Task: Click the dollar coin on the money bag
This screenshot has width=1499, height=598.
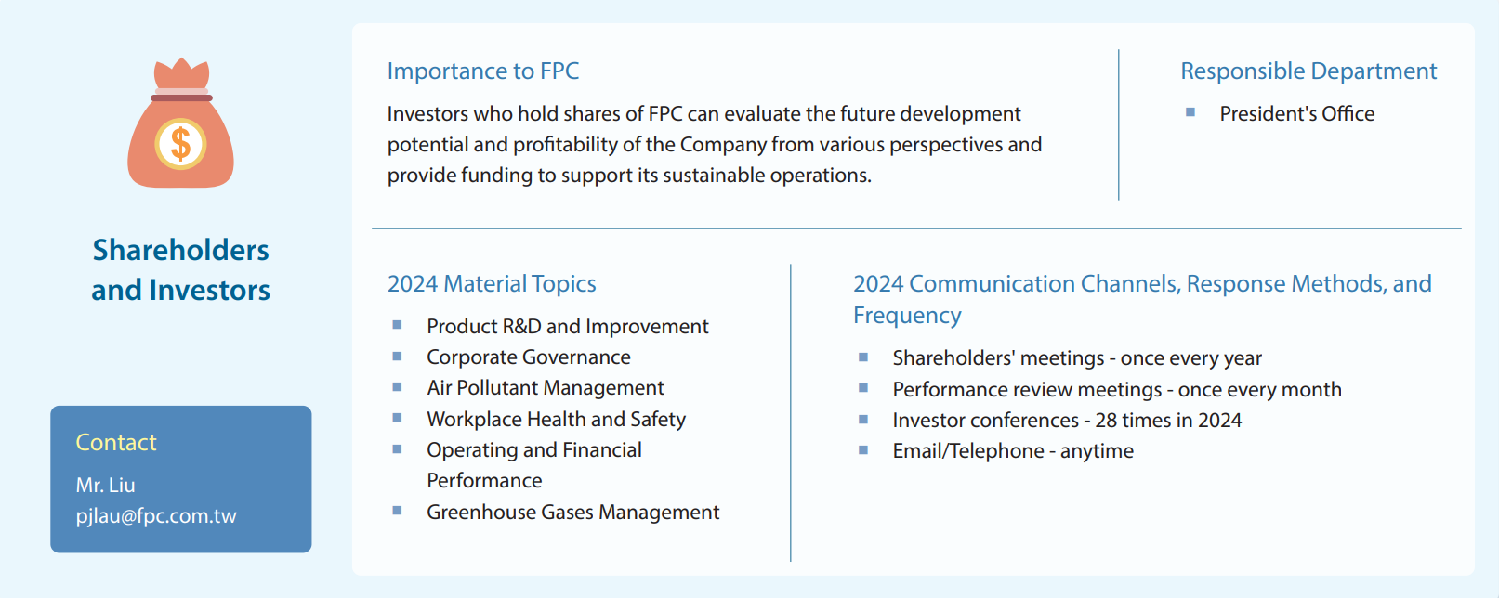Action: [x=180, y=144]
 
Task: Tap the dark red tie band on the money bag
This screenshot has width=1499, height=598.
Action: [x=181, y=97]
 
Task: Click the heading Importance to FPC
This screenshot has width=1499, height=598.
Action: [x=483, y=71]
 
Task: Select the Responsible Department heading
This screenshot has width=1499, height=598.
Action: [x=1308, y=71]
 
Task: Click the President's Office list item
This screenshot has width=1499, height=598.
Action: [x=1297, y=113]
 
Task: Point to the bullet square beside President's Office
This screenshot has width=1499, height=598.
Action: [x=1190, y=112]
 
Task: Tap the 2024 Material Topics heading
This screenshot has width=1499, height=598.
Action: [x=492, y=283]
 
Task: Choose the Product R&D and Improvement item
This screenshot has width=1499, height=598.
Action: [x=568, y=327]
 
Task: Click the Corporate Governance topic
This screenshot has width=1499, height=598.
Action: [x=529, y=357]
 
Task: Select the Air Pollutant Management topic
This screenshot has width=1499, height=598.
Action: [x=546, y=388]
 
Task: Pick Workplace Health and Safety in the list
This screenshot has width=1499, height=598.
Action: [x=556, y=420]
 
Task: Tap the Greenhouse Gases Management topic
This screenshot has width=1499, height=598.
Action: [x=572, y=513]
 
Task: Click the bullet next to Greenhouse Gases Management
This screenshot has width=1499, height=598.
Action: [x=397, y=511]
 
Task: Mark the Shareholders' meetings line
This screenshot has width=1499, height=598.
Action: [x=1077, y=357]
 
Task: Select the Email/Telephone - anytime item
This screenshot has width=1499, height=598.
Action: [x=1013, y=451]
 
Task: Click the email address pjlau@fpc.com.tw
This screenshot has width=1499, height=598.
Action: [x=156, y=515]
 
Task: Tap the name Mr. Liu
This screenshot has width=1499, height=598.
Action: [x=105, y=485]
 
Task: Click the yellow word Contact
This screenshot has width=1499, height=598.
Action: [x=116, y=442]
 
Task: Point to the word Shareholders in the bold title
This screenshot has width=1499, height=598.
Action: [x=180, y=250]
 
